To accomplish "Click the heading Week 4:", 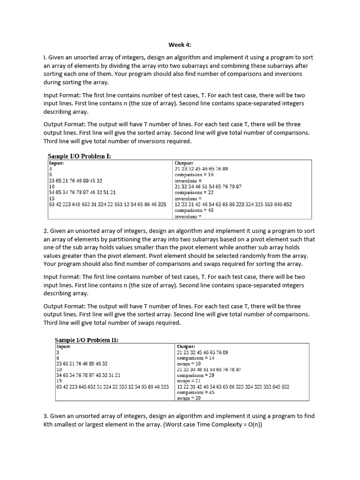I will [180, 45].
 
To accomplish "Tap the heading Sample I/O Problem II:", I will [87, 340].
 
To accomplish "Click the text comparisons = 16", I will [194, 174].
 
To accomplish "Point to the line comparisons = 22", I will [194, 192].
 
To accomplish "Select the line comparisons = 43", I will [194, 210].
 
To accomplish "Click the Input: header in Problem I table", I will [56, 163].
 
